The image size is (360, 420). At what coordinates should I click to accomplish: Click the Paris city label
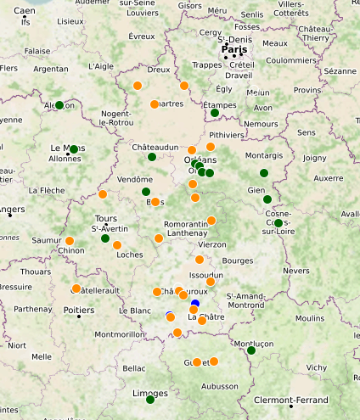(236, 49)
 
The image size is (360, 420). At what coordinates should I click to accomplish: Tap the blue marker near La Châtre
(194, 304)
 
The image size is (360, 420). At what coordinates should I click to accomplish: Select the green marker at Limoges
(150, 399)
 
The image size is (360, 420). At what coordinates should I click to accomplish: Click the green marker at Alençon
(59, 105)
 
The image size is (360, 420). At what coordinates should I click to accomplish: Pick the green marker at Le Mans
(74, 149)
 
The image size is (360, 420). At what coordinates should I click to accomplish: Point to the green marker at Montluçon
(250, 350)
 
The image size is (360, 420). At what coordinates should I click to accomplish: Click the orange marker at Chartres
(154, 104)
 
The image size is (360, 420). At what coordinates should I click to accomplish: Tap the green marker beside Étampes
(215, 113)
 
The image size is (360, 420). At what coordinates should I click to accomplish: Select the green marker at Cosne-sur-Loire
(278, 223)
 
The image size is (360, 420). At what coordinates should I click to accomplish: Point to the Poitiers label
(79, 310)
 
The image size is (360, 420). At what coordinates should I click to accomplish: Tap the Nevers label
(296, 270)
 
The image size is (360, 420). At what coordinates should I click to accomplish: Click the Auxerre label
(329, 178)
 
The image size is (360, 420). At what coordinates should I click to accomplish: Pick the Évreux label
(141, 36)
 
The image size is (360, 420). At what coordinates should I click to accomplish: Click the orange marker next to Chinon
(70, 241)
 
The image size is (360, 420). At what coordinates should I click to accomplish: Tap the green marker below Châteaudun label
(152, 157)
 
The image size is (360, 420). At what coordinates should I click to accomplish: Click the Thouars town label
(36, 272)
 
